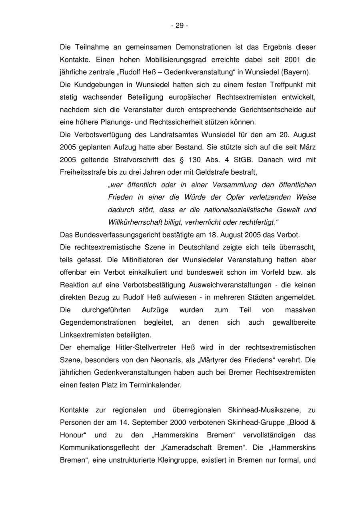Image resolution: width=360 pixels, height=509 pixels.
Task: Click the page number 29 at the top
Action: pyautogui.click(x=180, y=26)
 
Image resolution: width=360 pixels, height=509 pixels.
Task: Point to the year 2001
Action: pyautogui.click(x=292, y=60)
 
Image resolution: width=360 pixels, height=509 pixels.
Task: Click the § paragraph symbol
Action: pyautogui.click(x=182, y=160)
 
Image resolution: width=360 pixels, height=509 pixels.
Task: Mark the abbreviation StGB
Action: pyautogui.click(x=241, y=160)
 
